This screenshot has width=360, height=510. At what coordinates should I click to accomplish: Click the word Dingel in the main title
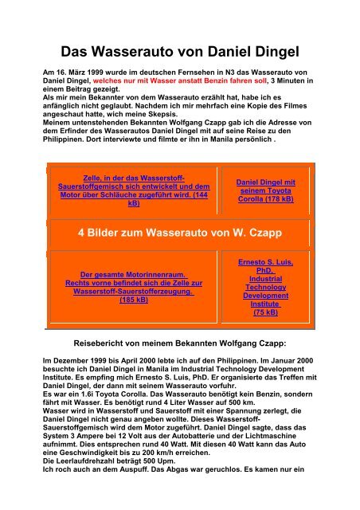(268, 49)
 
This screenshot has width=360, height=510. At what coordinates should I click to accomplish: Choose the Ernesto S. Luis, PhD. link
(266, 267)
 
